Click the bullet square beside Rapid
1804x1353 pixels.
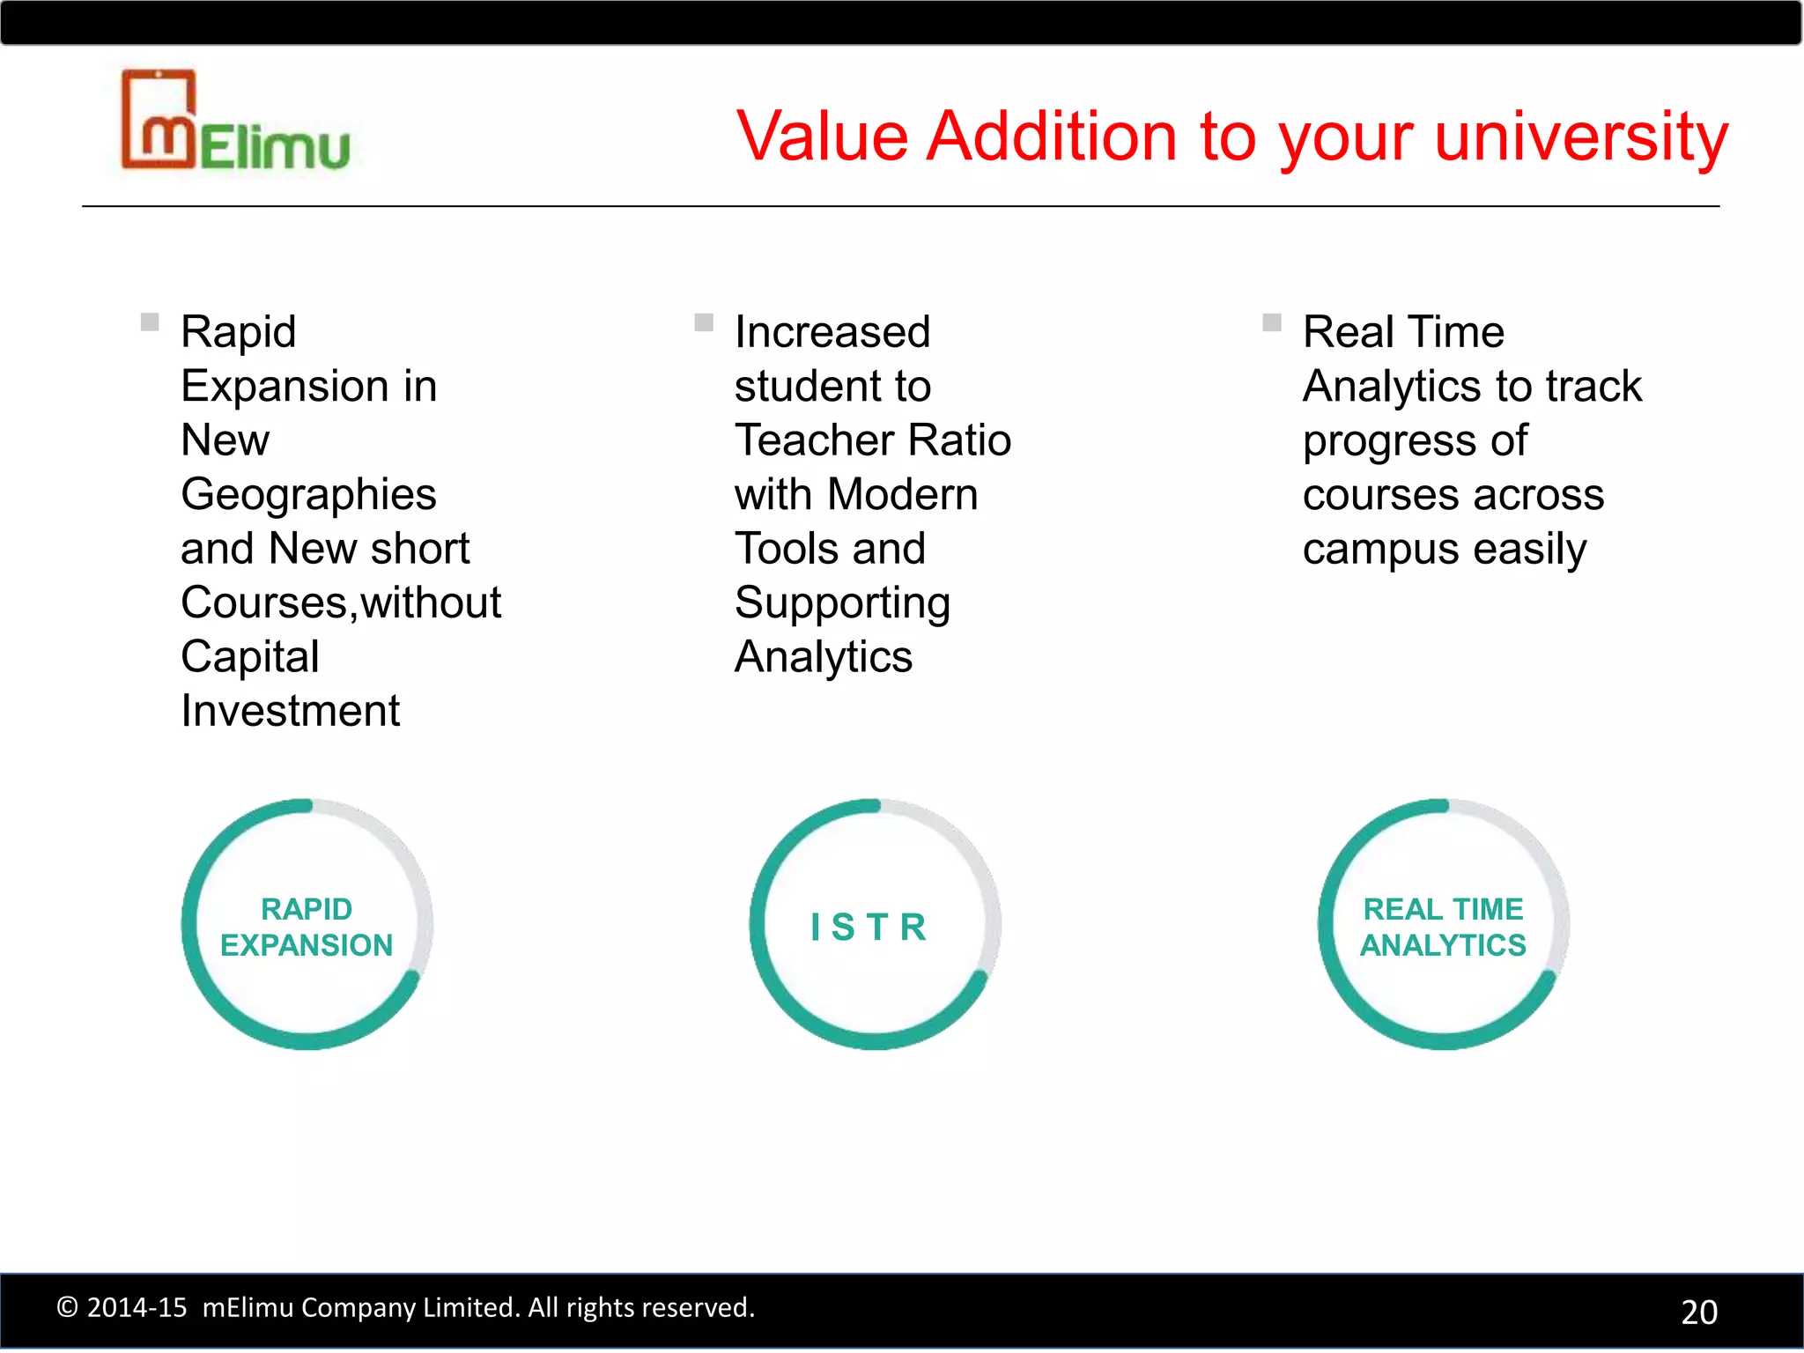[x=150, y=322]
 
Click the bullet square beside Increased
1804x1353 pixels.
[x=703, y=322]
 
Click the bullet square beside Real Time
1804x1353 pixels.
[x=1271, y=322]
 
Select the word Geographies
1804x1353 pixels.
[x=308, y=495]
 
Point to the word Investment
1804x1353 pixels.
[x=290, y=711]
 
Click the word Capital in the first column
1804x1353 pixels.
[x=249, y=657]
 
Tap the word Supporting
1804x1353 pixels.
[x=842, y=604]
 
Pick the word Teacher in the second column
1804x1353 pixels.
[x=808, y=440]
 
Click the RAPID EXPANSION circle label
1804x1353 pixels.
[x=307, y=927]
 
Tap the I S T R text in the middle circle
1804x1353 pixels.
[x=869, y=927]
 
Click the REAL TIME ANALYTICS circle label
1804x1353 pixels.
[x=1443, y=927]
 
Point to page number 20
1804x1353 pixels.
[x=1699, y=1312]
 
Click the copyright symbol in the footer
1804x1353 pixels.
[x=67, y=1307]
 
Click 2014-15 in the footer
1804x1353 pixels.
[x=137, y=1307]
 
